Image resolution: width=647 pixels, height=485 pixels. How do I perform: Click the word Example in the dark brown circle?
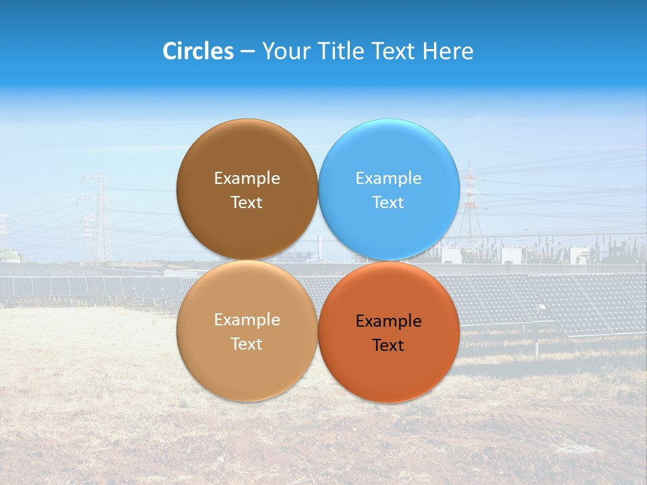coord(247,179)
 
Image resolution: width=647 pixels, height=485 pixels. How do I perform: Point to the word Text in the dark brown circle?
coord(247,203)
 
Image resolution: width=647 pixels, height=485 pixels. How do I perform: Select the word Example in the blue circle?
coord(388,179)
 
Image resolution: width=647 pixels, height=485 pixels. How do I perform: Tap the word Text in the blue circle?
coord(388,203)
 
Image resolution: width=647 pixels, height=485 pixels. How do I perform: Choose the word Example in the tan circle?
coord(247,320)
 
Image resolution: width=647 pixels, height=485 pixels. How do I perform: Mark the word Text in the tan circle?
coord(247,344)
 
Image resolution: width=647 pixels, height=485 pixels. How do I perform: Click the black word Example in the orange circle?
coord(388,321)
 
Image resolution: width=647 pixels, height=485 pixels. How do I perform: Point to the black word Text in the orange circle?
coord(388,346)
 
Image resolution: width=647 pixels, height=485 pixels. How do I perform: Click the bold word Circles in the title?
coord(198,51)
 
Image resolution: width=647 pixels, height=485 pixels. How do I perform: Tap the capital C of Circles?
coord(170,51)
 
